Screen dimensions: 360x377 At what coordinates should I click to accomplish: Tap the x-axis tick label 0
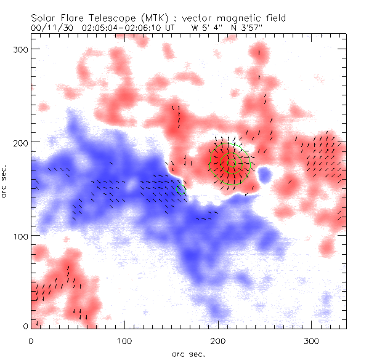[31, 340]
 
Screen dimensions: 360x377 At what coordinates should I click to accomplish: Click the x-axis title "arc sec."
[188, 353]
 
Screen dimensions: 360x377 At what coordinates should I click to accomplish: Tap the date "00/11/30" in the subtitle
[49, 28]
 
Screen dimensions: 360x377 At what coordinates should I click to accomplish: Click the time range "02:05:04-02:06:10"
[126, 28]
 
